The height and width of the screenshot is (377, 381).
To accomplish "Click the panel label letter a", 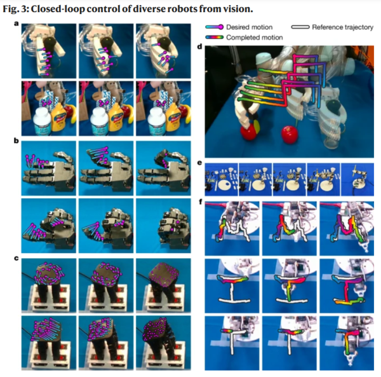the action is tap(17, 24).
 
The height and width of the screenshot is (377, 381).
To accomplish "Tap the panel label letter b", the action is tap(17, 141).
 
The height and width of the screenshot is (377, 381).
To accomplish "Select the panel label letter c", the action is tap(17, 258).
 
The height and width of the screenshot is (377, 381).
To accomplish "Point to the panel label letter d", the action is tap(200, 46).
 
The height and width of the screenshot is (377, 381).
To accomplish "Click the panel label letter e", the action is tap(200, 163).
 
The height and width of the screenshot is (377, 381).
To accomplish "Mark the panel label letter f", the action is tap(201, 202).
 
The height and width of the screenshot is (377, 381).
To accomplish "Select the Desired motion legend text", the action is tap(250, 27).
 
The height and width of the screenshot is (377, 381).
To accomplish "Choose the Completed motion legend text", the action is tap(255, 38).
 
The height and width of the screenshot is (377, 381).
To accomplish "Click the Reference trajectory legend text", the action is tap(343, 27).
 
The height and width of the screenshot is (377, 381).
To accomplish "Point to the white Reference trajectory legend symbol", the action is tap(300, 27).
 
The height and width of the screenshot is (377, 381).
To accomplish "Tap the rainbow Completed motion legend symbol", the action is tap(215, 38).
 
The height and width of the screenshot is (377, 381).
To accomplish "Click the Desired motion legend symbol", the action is tap(215, 27).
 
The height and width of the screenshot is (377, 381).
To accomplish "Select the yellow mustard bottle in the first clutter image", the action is tap(58, 118).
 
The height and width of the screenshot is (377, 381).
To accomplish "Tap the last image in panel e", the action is tap(358, 179).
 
